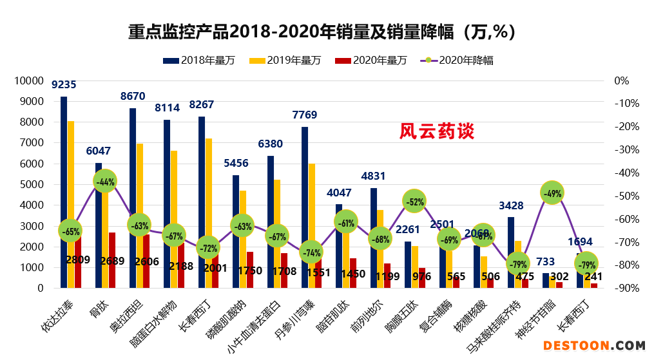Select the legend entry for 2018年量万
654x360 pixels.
(x=200, y=61)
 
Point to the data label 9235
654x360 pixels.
(x=64, y=84)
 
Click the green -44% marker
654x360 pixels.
(x=105, y=182)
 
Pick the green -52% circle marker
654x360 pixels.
(x=415, y=202)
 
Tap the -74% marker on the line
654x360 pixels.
(x=311, y=252)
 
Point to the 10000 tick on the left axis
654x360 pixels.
(x=29, y=81)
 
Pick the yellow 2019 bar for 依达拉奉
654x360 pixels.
(x=71, y=204)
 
